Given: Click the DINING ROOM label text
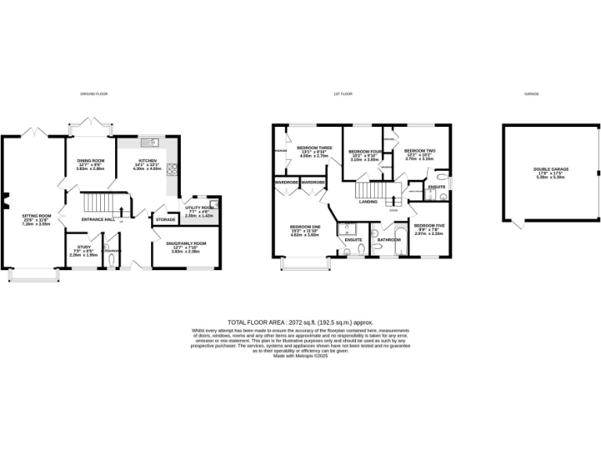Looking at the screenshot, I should coord(90,161).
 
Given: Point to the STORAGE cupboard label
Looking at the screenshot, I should coord(165,220).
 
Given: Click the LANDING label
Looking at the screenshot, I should coord(369,202).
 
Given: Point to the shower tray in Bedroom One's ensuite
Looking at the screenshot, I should coord(347,230).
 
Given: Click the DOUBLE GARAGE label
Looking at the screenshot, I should coord(551,169).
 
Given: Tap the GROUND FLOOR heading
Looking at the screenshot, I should coord(93,94).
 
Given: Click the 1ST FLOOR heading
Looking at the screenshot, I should coord(343,94).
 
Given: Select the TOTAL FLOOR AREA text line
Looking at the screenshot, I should coord(300,323).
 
